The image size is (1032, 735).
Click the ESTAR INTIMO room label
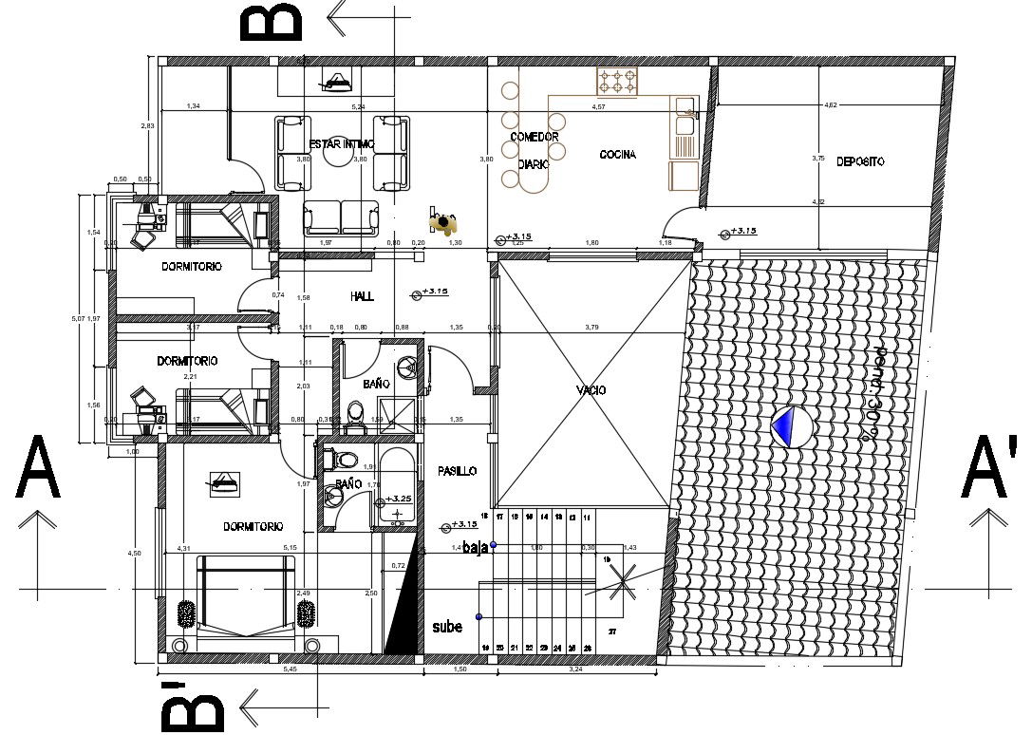342,144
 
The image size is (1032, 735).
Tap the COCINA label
617,155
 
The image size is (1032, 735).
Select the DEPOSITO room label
860,162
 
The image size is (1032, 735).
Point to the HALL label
362,296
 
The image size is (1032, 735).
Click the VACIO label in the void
591,390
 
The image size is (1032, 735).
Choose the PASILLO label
457,472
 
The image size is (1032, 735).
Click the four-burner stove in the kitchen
616,82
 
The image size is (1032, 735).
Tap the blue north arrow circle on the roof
790,427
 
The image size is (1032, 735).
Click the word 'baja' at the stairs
476,547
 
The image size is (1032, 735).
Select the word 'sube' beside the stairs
448,628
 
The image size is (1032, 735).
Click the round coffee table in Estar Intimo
340,157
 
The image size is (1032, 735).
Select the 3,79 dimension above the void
592,329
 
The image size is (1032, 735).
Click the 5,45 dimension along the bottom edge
291,669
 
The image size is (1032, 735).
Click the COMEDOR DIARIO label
535,150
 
